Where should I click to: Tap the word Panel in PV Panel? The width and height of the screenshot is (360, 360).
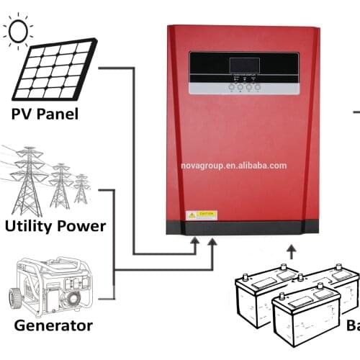pos(59,114)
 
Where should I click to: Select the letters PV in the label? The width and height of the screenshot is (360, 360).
pos(23,114)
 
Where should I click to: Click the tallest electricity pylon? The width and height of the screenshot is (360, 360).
pos(28,180)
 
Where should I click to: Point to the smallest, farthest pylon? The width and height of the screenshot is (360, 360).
pos(81,188)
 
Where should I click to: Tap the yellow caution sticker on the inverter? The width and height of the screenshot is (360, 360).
pos(202,215)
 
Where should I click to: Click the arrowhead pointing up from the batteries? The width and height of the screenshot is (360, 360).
pos(291,250)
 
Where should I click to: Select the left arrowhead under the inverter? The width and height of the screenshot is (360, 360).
pos(194,246)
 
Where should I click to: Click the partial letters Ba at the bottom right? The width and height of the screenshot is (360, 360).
pos(353,325)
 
